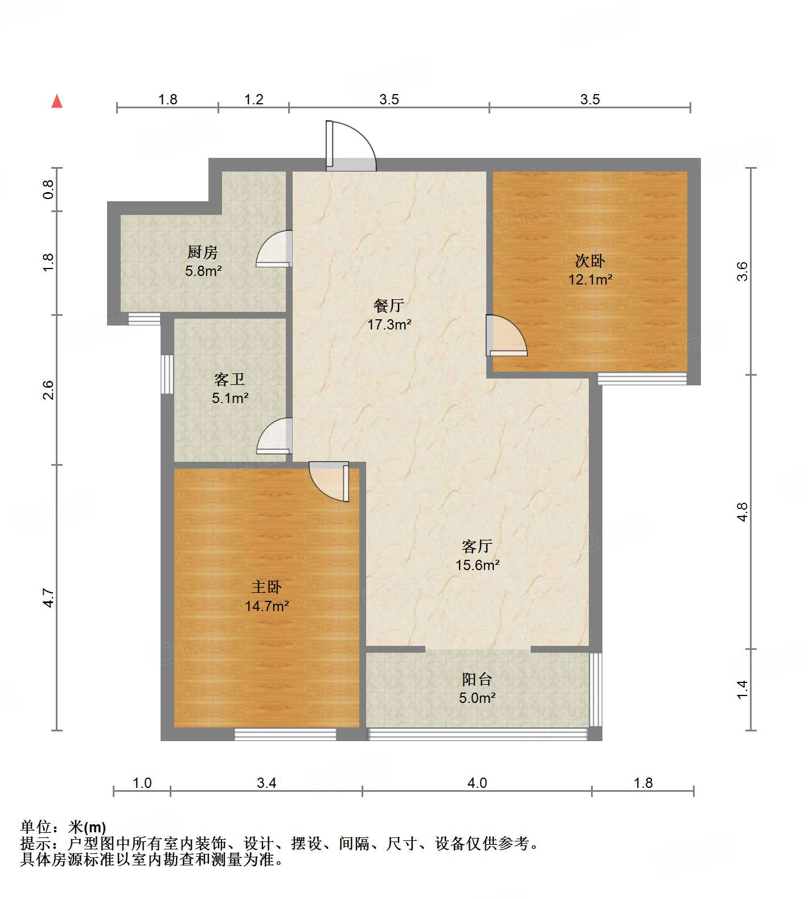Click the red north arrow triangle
pos(57,101)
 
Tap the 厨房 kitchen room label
pos(203,251)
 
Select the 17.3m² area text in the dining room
pos(389,325)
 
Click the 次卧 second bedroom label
pos(589,261)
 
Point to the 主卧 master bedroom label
pos(266,587)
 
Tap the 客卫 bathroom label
pos(229,379)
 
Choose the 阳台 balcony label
pos(477,679)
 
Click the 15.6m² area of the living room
pos(477,565)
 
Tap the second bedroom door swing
pos(506,336)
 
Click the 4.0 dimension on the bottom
pos(477,783)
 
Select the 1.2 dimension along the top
pos(254,100)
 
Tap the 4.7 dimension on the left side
pos(49,597)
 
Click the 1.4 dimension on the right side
pos(742,689)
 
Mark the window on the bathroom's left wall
pos(167,374)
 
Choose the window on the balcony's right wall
pos(595,689)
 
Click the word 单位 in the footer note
pos(35,827)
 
